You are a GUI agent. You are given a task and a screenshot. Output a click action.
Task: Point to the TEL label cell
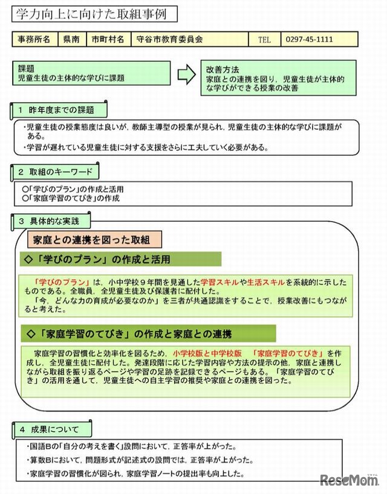click(265, 39)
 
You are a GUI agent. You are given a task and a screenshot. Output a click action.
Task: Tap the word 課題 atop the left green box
click(27, 69)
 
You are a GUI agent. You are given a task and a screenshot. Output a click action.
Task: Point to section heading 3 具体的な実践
click(53, 221)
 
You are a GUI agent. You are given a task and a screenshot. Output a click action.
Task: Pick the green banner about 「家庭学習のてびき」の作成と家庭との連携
click(148, 333)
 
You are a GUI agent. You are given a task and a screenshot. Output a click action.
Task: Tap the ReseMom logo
click(350, 480)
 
